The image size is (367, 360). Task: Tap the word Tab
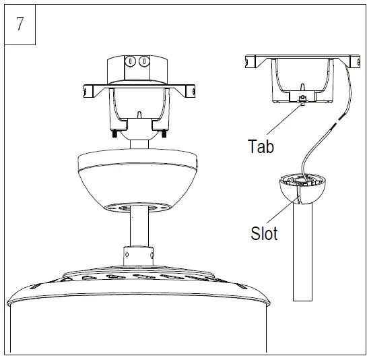261,146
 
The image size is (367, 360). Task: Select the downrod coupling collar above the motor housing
137,258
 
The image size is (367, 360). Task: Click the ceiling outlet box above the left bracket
137,67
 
